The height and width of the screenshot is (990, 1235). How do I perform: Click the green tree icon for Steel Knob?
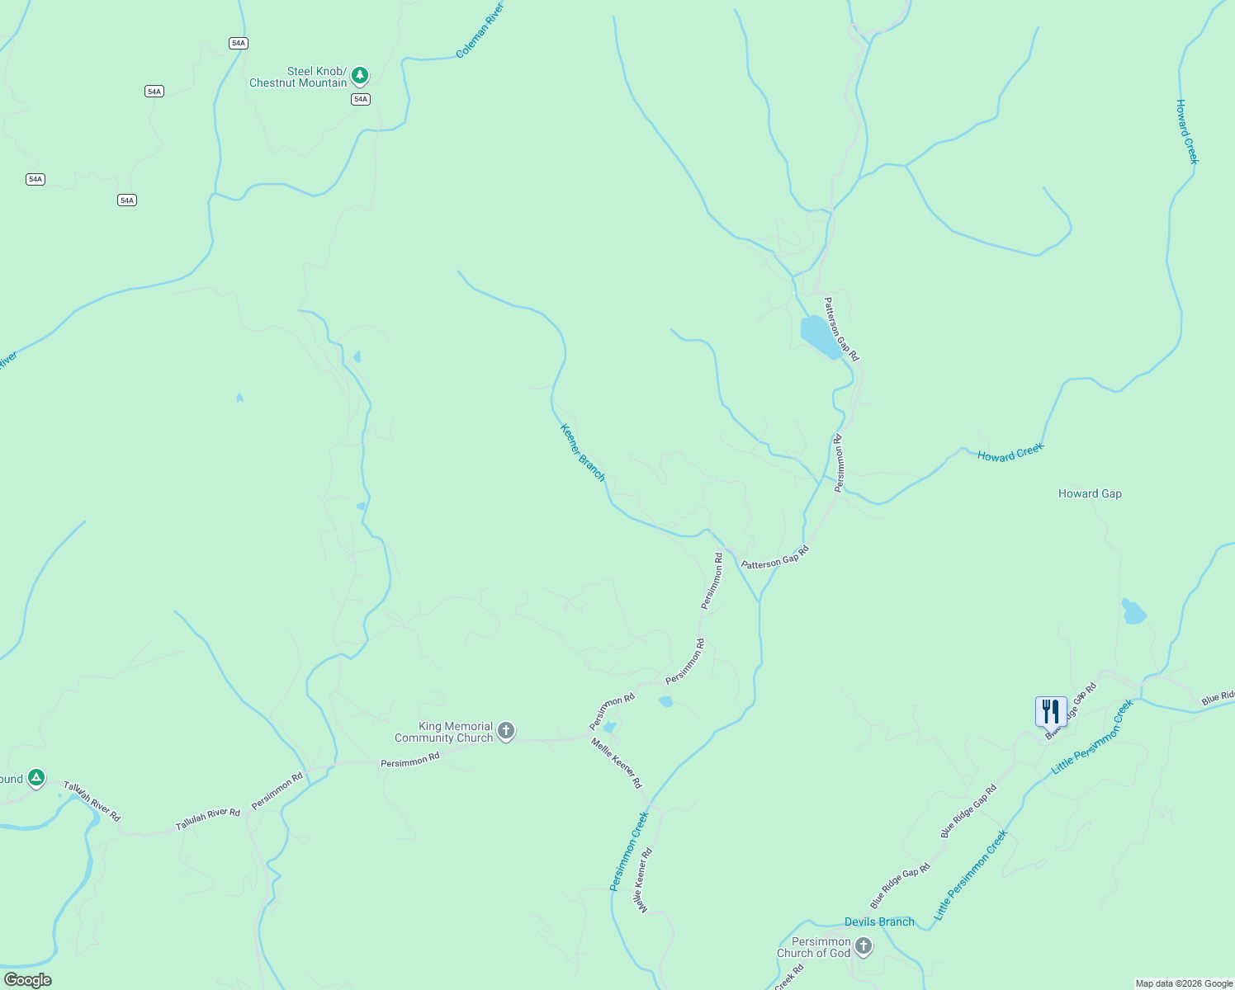click(x=359, y=76)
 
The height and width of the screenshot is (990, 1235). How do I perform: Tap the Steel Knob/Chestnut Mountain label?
click(x=298, y=78)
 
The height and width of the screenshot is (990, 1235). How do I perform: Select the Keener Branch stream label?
click(x=582, y=453)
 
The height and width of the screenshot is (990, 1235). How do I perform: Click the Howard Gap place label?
click(x=1090, y=494)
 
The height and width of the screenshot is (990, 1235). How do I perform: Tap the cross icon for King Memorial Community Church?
click(x=506, y=731)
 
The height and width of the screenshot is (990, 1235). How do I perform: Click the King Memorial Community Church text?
click(x=443, y=733)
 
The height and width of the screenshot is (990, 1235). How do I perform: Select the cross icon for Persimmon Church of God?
click(x=864, y=946)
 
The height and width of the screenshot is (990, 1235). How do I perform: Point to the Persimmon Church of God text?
click(x=813, y=947)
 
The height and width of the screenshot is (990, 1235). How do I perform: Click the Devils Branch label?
click(x=879, y=922)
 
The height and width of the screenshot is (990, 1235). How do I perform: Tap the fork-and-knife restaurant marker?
click(x=1050, y=710)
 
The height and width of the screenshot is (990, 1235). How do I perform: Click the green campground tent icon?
click(x=35, y=777)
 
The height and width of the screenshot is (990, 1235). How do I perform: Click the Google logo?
click(x=27, y=980)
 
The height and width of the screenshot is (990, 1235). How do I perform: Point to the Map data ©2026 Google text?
click(x=1184, y=983)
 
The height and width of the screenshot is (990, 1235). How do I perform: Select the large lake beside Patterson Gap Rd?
click(x=820, y=337)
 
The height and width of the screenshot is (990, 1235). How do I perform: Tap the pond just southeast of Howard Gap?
click(x=1133, y=612)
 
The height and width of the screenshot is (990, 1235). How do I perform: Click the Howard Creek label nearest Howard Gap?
click(x=1010, y=452)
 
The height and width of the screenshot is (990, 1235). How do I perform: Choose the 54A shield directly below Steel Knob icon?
click(x=360, y=99)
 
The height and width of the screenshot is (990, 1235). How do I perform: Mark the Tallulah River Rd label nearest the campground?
click(x=92, y=802)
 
